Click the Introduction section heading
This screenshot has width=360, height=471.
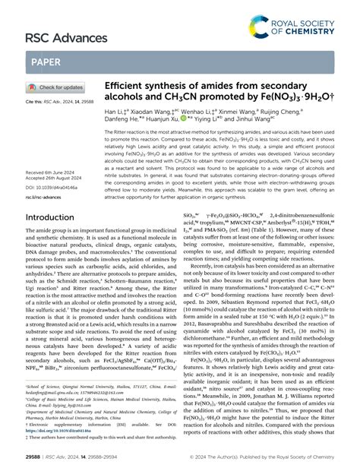tap(59, 217)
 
